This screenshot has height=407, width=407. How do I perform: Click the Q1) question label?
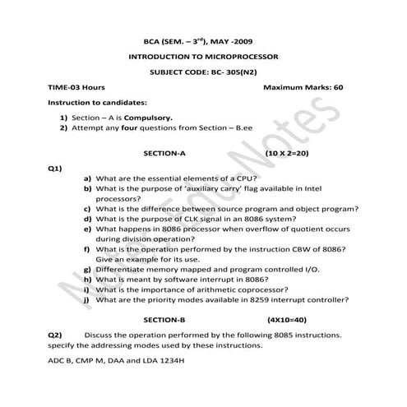pyautogui.click(x=55, y=169)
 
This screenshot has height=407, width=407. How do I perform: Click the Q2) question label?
pyautogui.click(x=55, y=335)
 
